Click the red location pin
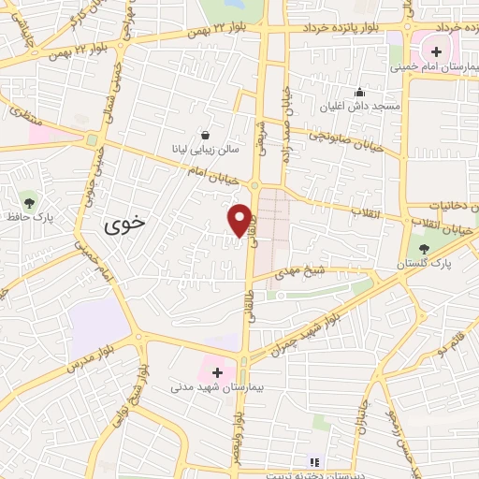point(240,220)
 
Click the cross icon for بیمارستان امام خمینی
point(436,50)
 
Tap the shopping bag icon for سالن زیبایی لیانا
point(205,135)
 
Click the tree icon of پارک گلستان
point(425,248)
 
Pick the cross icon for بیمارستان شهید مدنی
point(218,371)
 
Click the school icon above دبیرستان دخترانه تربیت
point(314,461)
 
